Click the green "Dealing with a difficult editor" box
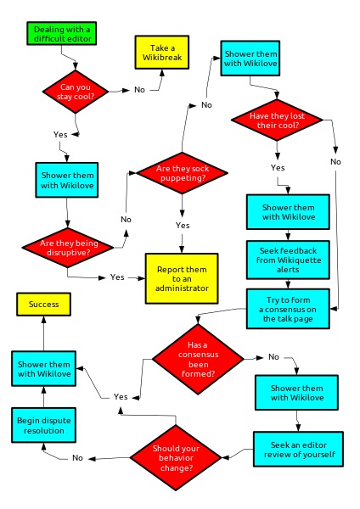(x=62, y=33)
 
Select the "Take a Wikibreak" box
(x=162, y=53)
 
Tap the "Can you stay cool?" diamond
(x=76, y=92)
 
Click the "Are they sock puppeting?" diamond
(x=182, y=173)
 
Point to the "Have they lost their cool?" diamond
(x=277, y=120)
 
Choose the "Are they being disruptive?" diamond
(x=68, y=248)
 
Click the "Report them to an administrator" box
(x=182, y=278)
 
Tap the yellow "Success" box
(x=43, y=305)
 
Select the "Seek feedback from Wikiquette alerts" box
(x=288, y=260)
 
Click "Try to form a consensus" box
(x=288, y=309)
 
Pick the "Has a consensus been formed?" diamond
(x=198, y=359)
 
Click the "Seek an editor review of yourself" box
(x=298, y=449)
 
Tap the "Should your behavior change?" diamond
(x=176, y=458)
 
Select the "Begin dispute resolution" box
(x=43, y=425)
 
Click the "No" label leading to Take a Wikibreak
(x=139, y=90)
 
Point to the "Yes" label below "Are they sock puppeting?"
(x=183, y=226)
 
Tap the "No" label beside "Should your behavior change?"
(x=77, y=458)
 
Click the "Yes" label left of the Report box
(x=117, y=277)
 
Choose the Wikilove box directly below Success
(x=43, y=368)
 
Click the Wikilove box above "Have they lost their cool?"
(x=250, y=59)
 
